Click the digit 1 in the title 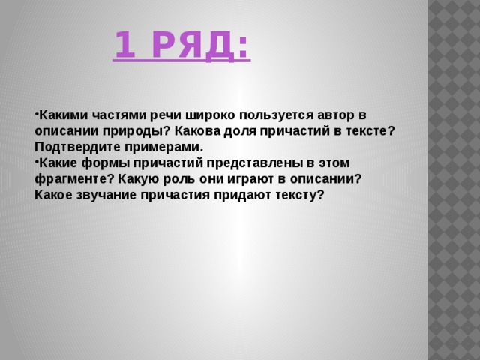(x=124, y=46)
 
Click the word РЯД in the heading (x=196, y=46)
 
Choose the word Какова (x=194, y=130)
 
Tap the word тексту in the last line (x=301, y=195)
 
